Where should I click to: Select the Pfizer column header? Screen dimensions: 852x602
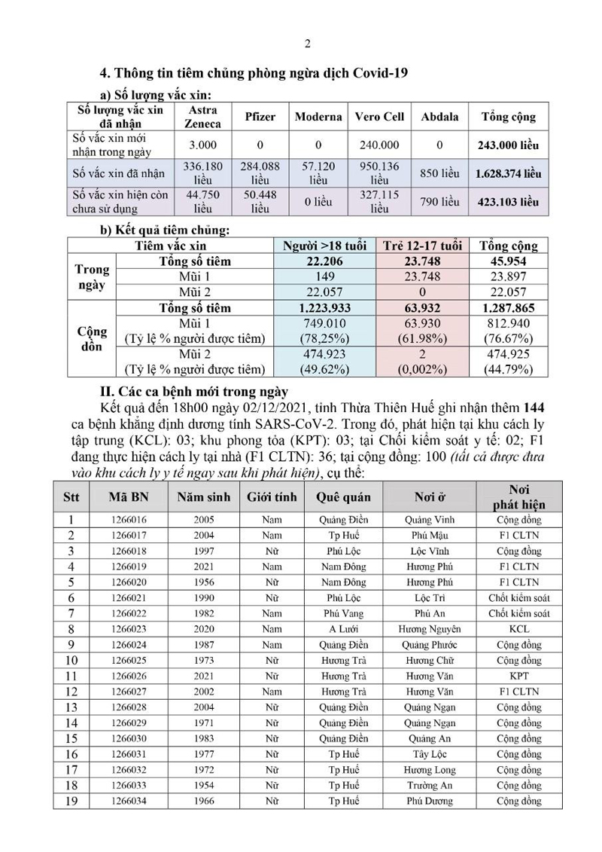[260, 117]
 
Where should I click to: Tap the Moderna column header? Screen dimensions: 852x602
[318, 117]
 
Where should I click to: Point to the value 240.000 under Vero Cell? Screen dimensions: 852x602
[379, 145]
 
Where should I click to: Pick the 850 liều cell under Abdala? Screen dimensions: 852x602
[439, 173]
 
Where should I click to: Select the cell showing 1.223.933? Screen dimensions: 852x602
[326, 308]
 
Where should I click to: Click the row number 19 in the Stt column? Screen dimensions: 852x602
[71, 801]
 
